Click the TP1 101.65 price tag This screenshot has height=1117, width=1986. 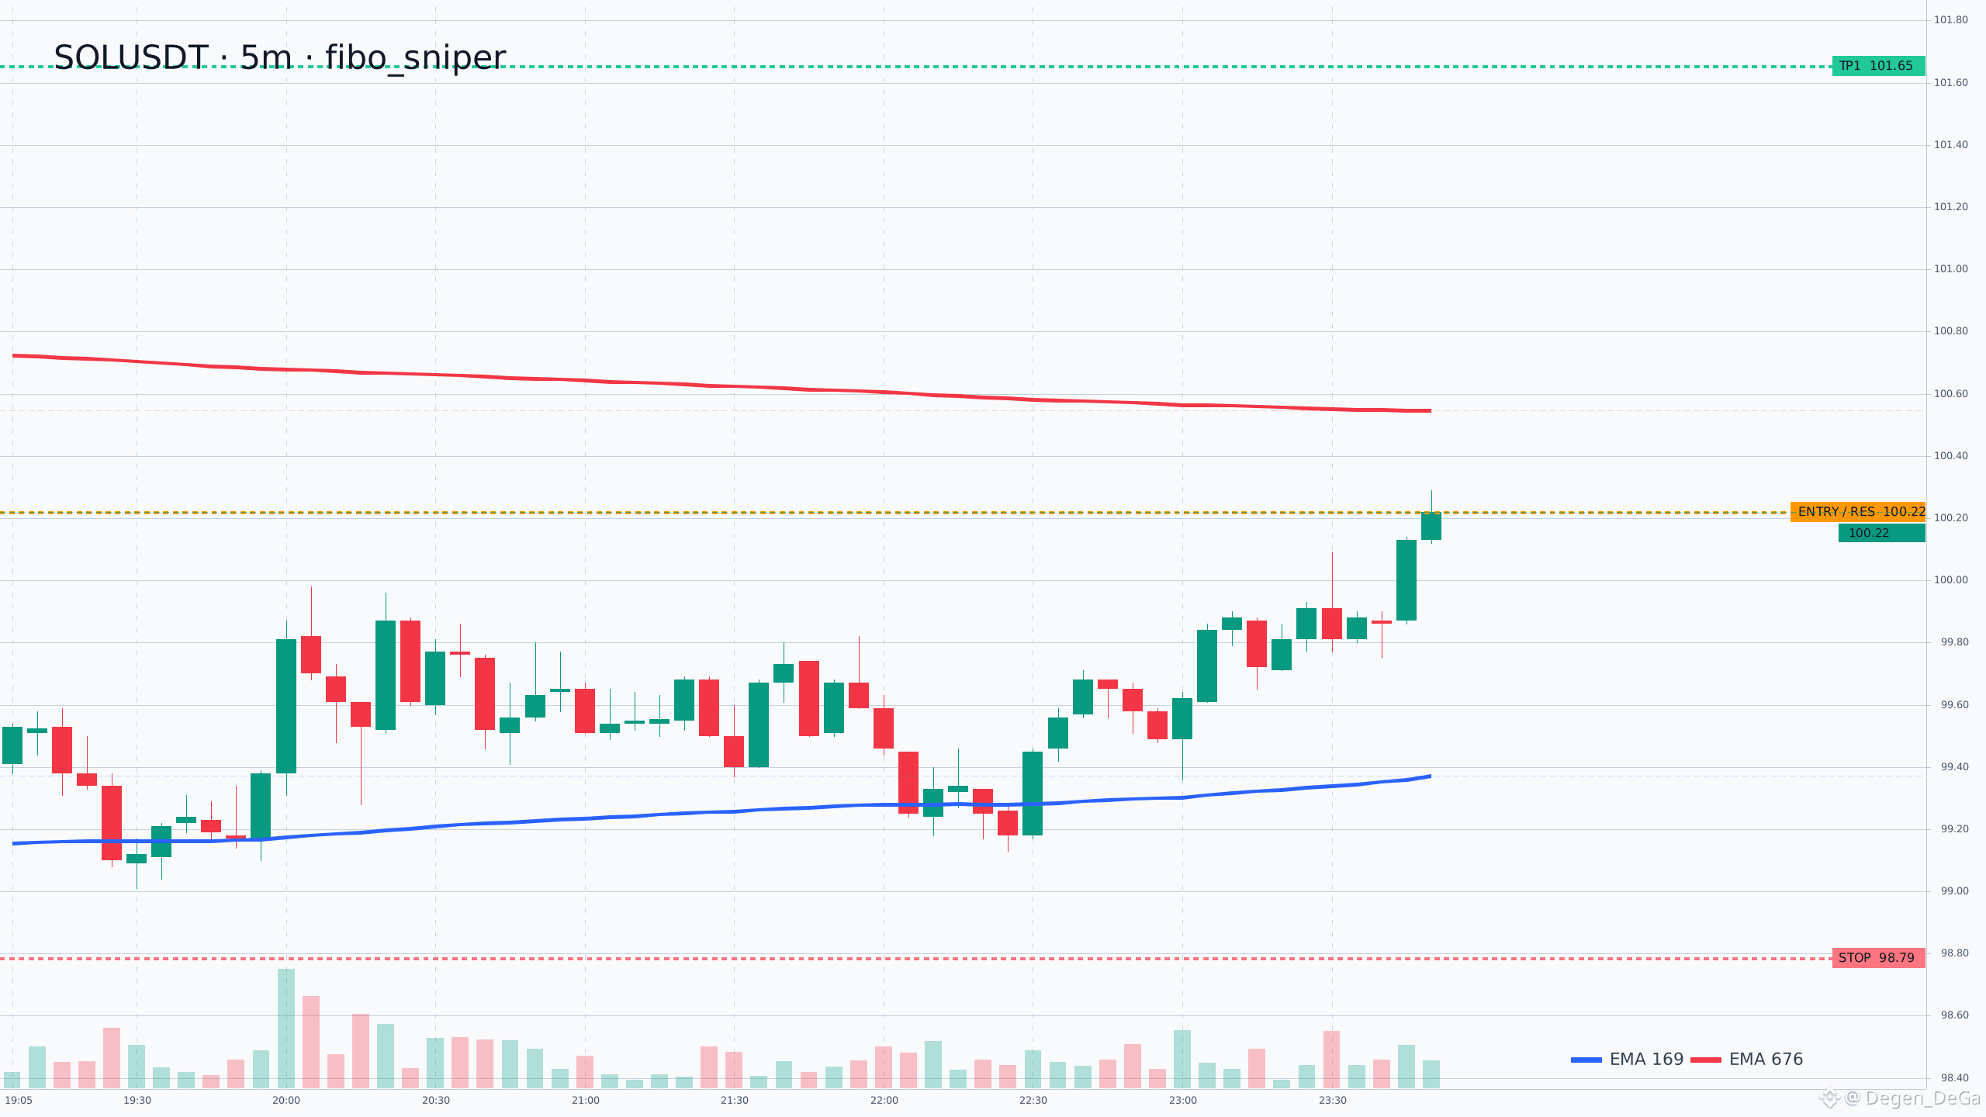tap(1878, 66)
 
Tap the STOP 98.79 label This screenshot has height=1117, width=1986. tap(1878, 958)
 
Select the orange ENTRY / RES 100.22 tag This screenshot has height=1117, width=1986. tap(1858, 512)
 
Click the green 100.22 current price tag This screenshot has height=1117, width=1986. tap(1881, 533)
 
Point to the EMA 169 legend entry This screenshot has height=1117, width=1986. tap(1627, 1060)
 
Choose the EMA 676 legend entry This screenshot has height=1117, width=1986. tap(1747, 1060)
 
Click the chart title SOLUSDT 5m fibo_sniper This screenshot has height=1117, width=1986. tap(279, 58)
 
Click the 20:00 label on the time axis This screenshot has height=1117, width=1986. tap(286, 1101)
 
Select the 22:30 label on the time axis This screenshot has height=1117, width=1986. tap(1033, 1101)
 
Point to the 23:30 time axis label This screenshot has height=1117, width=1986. tap(1333, 1101)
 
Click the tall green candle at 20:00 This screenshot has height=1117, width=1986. tap(286, 706)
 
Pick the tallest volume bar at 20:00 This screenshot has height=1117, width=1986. tap(286, 1029)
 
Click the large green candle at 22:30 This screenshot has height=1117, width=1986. tap(1033, 793)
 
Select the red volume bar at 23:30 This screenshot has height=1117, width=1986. tap(1332, 1060)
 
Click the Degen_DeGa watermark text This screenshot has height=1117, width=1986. tap(1922, 1098)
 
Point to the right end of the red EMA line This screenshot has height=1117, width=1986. tap(1431, 410)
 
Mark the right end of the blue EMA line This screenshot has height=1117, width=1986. tap(1431, 776)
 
